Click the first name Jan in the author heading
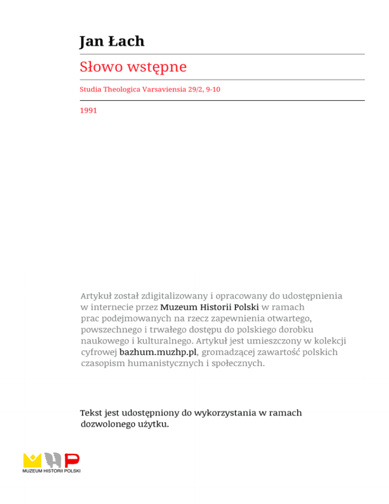92,41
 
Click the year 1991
88,110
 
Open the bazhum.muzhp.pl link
157,351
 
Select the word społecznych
236,363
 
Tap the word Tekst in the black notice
93,413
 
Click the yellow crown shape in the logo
33,460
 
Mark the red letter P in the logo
72,460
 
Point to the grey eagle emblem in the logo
53,460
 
